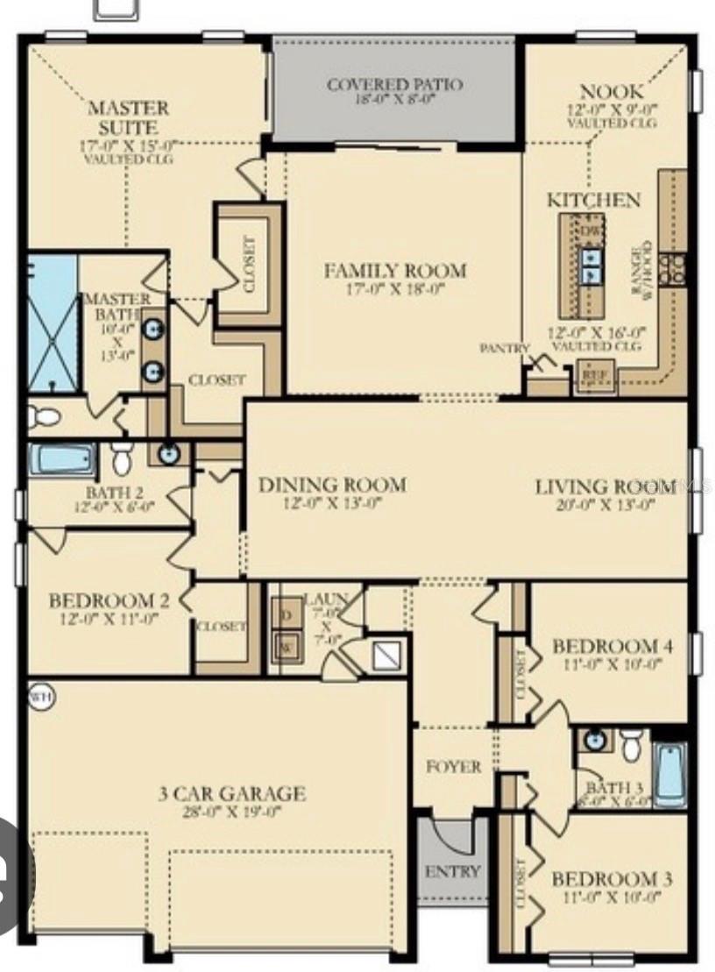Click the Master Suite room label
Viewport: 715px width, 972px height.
128,118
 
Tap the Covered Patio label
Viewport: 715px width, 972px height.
394,85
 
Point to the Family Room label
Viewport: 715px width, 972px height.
395,271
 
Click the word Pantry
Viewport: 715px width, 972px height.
505,348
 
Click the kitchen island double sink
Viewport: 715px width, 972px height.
591,266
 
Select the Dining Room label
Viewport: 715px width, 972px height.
332,485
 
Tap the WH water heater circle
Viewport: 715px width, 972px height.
39,696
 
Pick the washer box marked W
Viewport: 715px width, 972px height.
286,648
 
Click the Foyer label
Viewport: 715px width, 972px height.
453,767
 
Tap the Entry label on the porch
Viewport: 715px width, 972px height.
452,871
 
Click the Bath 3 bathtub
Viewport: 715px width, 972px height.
670,773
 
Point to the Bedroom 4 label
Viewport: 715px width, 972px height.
612,647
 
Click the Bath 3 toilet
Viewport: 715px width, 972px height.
631,745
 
